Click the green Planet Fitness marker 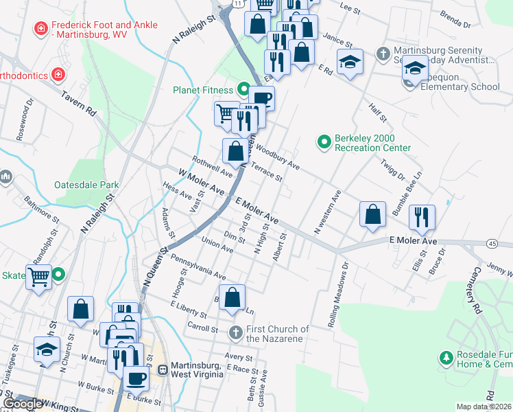click(x=243, y=89)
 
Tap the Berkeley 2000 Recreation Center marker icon click(x=325, y=142)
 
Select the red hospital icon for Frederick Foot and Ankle click(x=41, y=29)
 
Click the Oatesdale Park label click(x=86, y=185)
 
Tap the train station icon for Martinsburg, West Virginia click(x=163, y=369)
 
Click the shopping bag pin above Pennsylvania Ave click(x=233, y=297)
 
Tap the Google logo click(x=23, y=404)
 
